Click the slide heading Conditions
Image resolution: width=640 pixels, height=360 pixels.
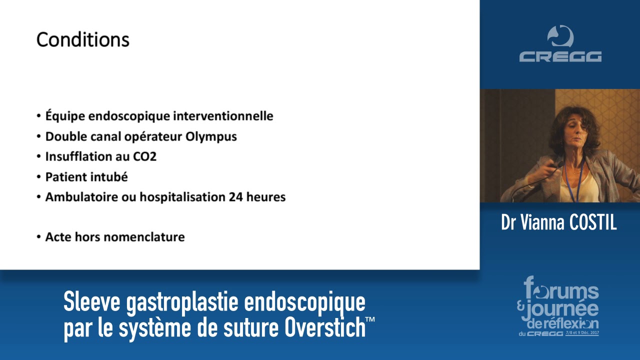pyautogui.click(x=82, y=40)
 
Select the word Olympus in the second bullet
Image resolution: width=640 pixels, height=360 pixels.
pyautogui.click(x=212, y=136)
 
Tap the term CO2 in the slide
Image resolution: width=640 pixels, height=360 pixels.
pyautogui.click(x=144, y=156)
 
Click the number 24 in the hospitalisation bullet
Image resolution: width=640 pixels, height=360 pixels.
pyautogui.click(x=235, y=197)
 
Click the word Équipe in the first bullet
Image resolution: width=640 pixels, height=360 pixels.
pyautogui.click(x=65, y=116)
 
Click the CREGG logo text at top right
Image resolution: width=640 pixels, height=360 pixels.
pyautogui.click(x=560, y=56)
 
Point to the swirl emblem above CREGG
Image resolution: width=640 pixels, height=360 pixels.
pyautogui.click(x=560, y=36)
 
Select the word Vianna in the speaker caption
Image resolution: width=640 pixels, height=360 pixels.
pyautogui.click(x=539, y=223)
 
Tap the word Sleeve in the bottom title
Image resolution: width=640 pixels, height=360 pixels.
pyautogui.click(x=91, y=302)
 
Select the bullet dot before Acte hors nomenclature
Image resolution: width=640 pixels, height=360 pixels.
pyautogui.click(x=38, y=237)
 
